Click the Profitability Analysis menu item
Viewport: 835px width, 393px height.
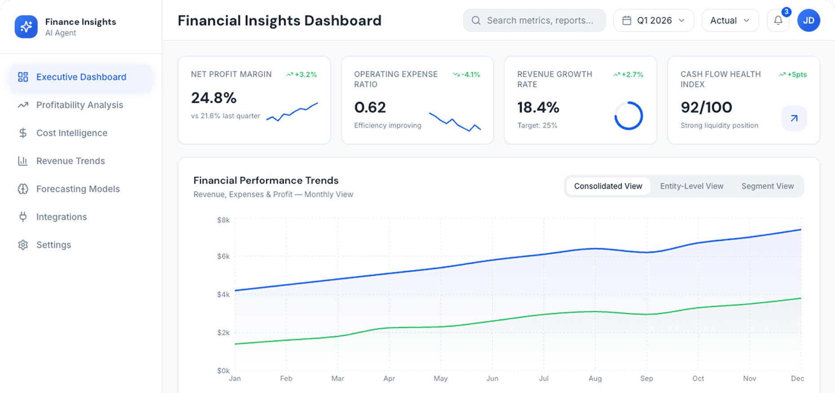[79, 105]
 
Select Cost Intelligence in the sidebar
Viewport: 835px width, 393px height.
[72, 133]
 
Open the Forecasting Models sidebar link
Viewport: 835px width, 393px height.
[78, 189]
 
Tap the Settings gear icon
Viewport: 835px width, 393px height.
[23, 245]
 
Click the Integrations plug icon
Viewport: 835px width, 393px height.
[23, 217]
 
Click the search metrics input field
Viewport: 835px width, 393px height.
[539, 21]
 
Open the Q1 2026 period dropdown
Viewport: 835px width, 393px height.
[654, 21]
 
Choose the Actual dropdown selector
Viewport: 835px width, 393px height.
[730, 21]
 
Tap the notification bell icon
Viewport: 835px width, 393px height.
[778, 21]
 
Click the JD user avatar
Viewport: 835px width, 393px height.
[809, 21]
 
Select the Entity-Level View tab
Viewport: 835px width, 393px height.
[691, 186]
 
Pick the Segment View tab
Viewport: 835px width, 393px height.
[767, 186]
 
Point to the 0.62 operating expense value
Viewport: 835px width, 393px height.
[370, 108]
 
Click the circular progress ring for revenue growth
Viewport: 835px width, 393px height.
[628, 116]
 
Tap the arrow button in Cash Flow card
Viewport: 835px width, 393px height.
[794, 118]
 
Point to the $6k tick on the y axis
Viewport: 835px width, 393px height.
[223, 257]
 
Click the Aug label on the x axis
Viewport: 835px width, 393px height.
[595, 379]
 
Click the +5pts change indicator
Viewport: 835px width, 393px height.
[793, 74]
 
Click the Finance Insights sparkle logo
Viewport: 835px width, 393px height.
[26, 26]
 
